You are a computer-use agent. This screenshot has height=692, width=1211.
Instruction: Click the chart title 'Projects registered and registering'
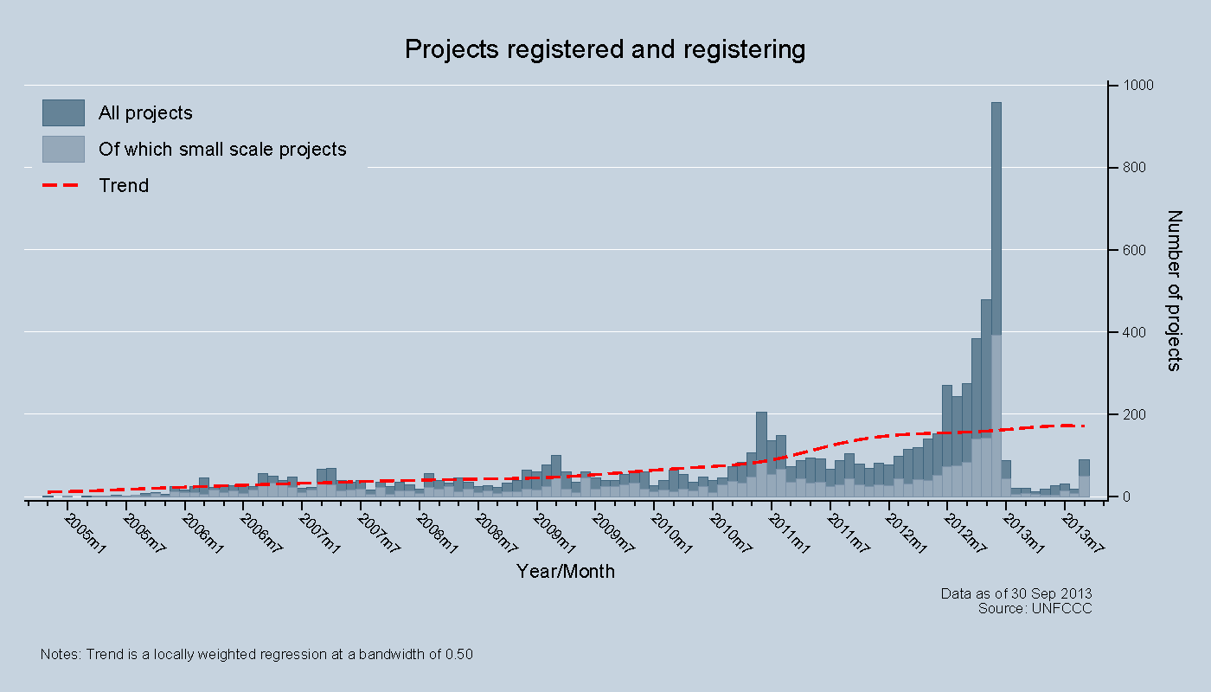pyautogui.click(x=605, y=49)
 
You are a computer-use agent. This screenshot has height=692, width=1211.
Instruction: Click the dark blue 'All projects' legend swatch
pyautogui.click(x=63, y=112)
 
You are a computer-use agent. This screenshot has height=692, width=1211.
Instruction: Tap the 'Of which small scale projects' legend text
pyautogui.click(x=222, y=150)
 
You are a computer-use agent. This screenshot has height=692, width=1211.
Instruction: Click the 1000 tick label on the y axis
pyautogui.click(x=1134, y=86)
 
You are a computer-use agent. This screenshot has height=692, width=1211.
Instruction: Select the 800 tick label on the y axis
pyautogui.click(x=1131, y=168)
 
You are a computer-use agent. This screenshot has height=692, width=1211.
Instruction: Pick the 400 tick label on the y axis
pyautogui.click(x=1131, y=333)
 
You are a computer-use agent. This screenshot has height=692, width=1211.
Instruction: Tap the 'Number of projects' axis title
pyautogui.click(x=1174, y=290)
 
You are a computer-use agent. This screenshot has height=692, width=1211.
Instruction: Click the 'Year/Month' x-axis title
pyautogui.click(x=566, y=572)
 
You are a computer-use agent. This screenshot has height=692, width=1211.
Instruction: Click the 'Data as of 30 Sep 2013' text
pyautogui.click(x=1016, y=593)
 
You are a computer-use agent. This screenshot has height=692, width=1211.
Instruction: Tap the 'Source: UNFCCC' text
pyautogui.click(x=1035, y=609)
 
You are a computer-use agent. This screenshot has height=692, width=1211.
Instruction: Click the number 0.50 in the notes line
pyautogui.click(x=458, y=655)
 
